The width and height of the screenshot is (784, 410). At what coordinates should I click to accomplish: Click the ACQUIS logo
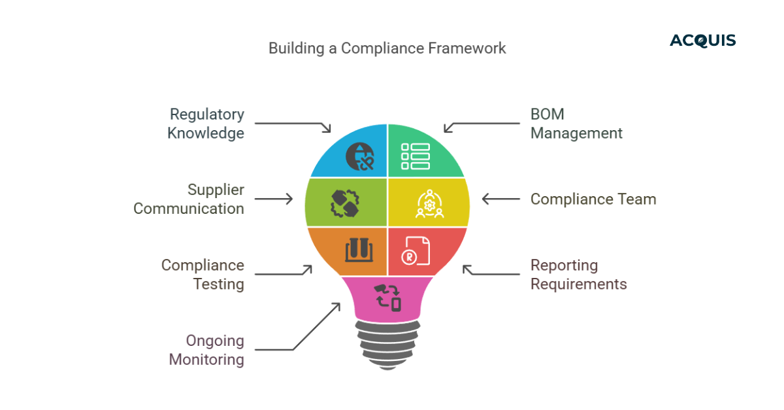click(x=702, y=41)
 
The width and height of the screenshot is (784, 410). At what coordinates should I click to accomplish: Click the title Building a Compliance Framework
click(x=387, y=48)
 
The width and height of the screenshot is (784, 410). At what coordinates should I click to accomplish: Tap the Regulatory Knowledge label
click(x=206, y=124)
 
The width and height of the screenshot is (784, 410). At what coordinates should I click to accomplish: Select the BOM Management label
click(x=576, y=124)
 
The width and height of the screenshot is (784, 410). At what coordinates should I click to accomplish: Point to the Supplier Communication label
click(x=189, y=199)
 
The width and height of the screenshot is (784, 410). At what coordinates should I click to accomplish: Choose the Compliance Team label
click(x=593, y=199)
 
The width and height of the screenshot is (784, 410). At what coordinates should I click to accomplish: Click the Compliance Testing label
click(x=203, y=275)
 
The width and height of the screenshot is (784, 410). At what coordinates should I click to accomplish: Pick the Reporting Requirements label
click(x=578, y=275)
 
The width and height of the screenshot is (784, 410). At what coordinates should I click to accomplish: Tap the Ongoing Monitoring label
click(x=206, y=350)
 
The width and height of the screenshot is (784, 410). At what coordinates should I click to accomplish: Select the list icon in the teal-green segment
click(x=416, y=157)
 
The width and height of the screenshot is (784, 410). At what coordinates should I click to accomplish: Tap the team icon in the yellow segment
click(x=429, y=205)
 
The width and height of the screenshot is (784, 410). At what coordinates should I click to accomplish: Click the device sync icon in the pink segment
click(x=387, y=297)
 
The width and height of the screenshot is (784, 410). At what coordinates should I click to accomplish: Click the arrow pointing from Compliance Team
click(x=501, y=199)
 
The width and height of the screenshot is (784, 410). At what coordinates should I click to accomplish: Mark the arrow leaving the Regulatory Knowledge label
click(x=294, y=124)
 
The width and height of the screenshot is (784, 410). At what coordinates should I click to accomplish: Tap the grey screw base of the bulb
click(x=387, y=343)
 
